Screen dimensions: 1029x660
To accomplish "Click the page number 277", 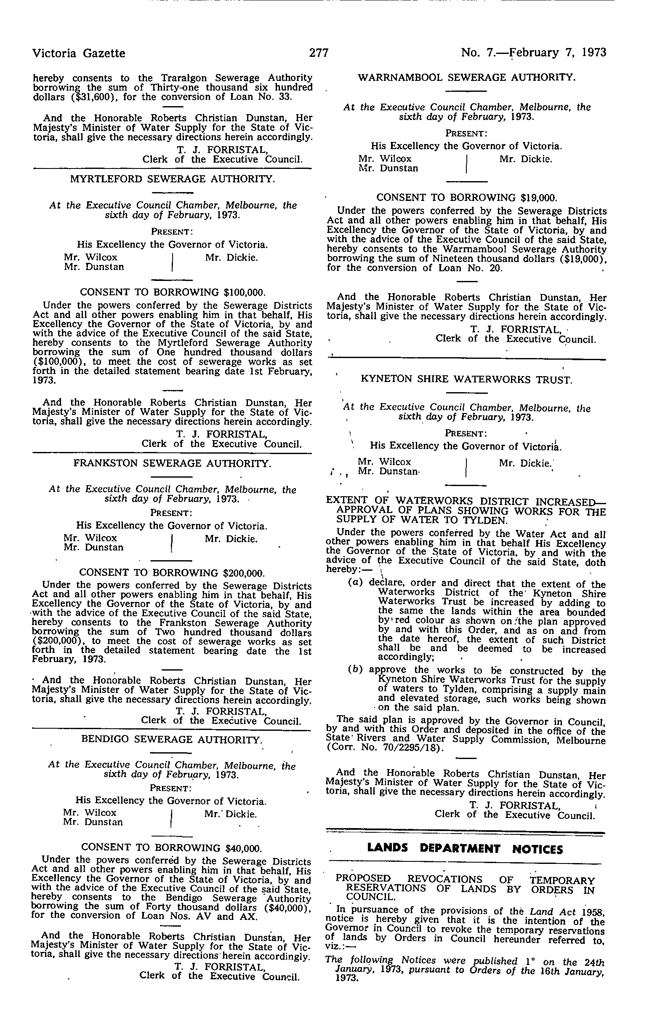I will pyautogui.click(x=319, y=53).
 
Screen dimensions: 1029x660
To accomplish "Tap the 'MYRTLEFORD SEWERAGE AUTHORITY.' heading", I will pyautogui.click(x=172, y=179).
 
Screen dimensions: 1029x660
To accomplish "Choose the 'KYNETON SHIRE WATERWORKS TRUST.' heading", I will pyautogui.click(x=466, y=379).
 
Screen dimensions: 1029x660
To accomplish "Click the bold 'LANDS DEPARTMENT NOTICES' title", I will pyautogui.click(x=466, y=848).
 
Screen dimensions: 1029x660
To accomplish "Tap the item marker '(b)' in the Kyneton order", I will pyautogui.click(x=355, y=670).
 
